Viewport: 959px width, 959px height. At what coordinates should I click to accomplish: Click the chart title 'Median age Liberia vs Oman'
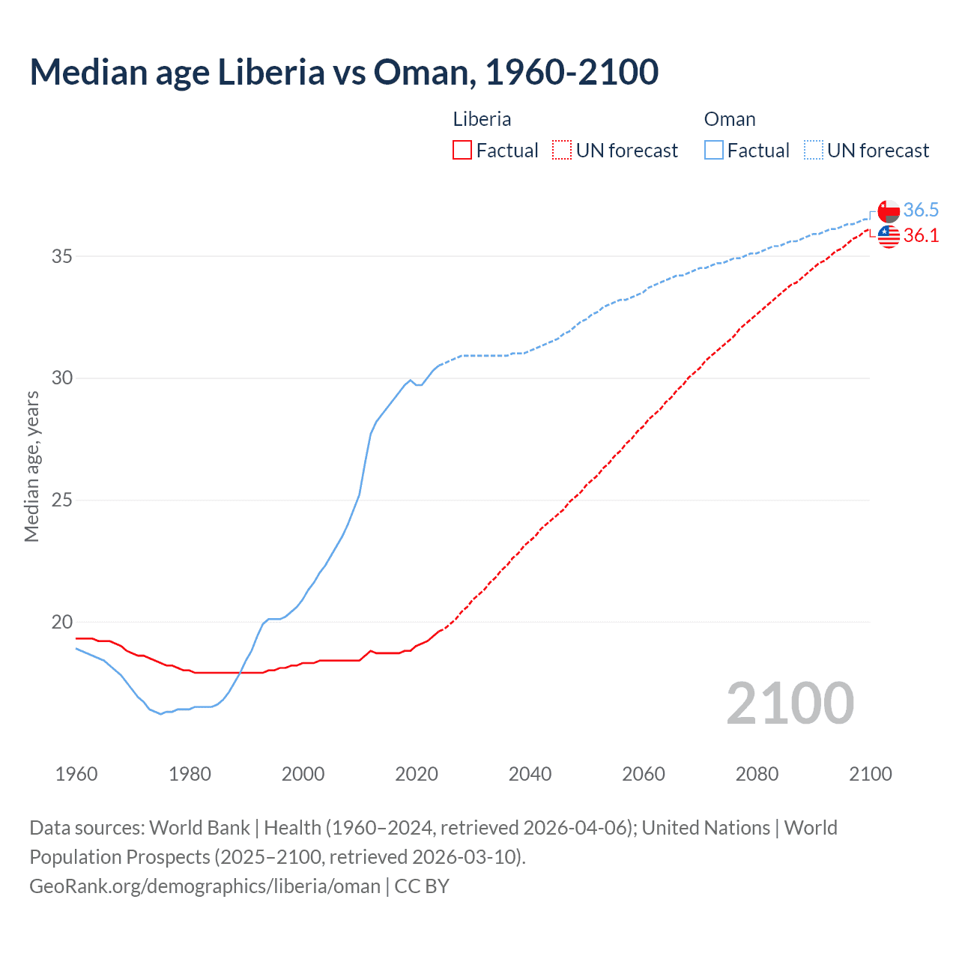tap(344, 73)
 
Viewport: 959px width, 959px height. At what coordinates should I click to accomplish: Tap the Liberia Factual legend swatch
tap(462, 151)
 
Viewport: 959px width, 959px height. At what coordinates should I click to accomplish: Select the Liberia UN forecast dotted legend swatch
tap(562, 151)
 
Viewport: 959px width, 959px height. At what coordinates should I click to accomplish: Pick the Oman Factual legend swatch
tap(714, 151)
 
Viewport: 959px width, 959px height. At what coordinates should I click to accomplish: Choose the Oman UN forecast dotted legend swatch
tap(814, 151)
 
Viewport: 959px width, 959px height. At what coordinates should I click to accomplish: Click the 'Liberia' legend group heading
tap(482, 119)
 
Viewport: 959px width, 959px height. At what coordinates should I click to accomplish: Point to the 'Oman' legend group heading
tap(729, 119)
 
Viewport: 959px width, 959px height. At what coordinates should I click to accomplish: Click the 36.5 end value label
tap(921, 210)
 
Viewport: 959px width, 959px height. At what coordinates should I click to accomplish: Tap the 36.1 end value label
tap(921, 235)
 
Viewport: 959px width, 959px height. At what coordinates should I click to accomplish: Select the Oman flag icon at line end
tap(889, 211)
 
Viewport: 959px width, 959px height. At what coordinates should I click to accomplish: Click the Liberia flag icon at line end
tap(889, 236)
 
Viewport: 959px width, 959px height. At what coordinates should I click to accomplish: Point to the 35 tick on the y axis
tap(62, 256)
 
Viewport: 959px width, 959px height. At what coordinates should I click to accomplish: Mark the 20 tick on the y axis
tap(62, 622)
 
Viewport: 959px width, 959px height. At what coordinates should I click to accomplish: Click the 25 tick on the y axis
tap(62, 500)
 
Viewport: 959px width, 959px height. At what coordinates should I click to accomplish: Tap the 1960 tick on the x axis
tap(76, 774)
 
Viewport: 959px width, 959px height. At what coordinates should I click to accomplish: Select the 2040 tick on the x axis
tap(530, 774)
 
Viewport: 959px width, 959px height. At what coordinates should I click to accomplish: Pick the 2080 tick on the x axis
tap(757, 774)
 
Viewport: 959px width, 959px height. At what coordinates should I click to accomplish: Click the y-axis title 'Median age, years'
tap(32, 466)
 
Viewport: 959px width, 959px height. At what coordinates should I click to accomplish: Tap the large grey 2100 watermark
tap(790, 703)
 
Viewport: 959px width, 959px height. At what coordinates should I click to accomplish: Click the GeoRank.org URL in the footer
tap(205, 886)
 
